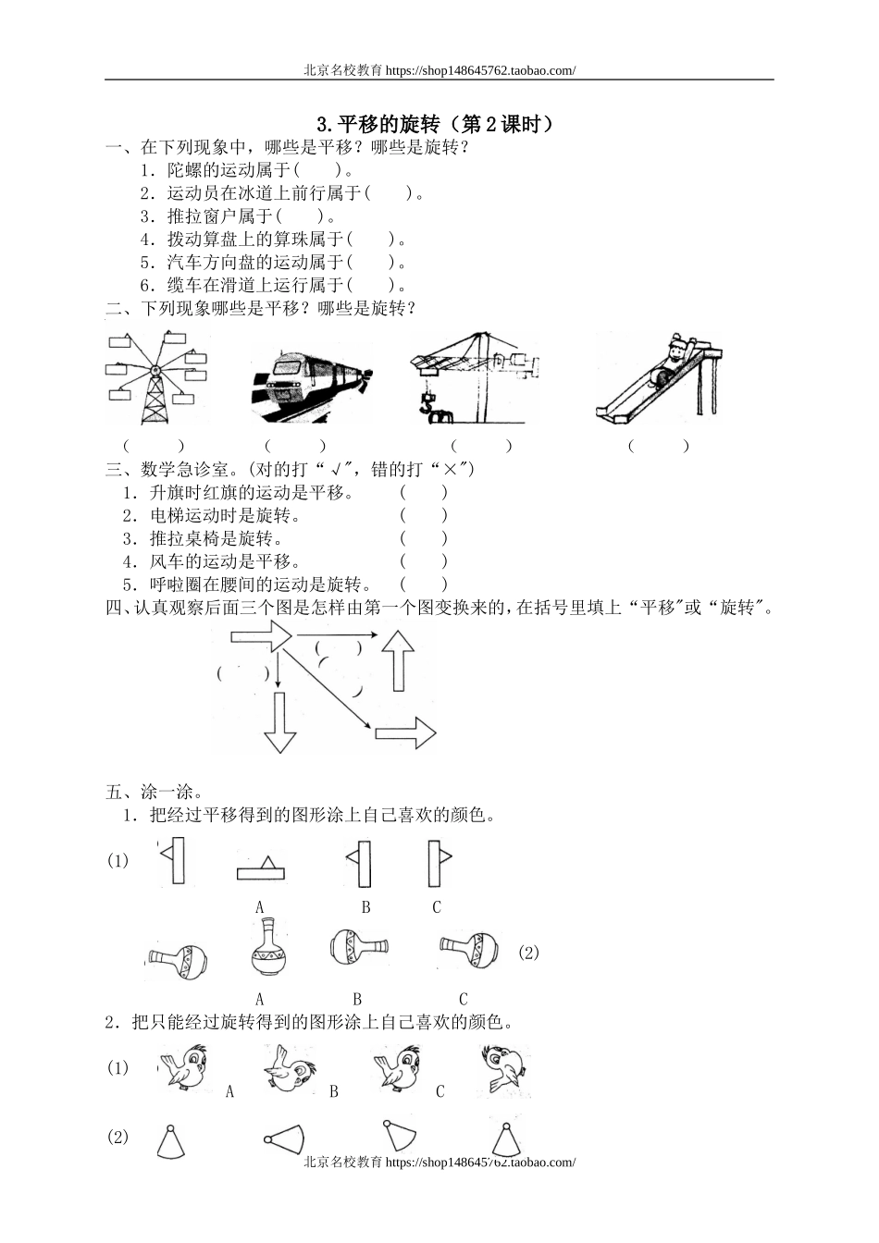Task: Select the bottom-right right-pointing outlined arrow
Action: coord(405,733)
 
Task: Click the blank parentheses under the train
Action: coord(295,446)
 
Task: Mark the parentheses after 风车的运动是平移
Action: coord(424,561)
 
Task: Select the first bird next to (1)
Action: coord(183,1067)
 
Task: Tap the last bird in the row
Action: coord(504,1069)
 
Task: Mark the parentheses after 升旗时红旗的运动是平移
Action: coord(424,493)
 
